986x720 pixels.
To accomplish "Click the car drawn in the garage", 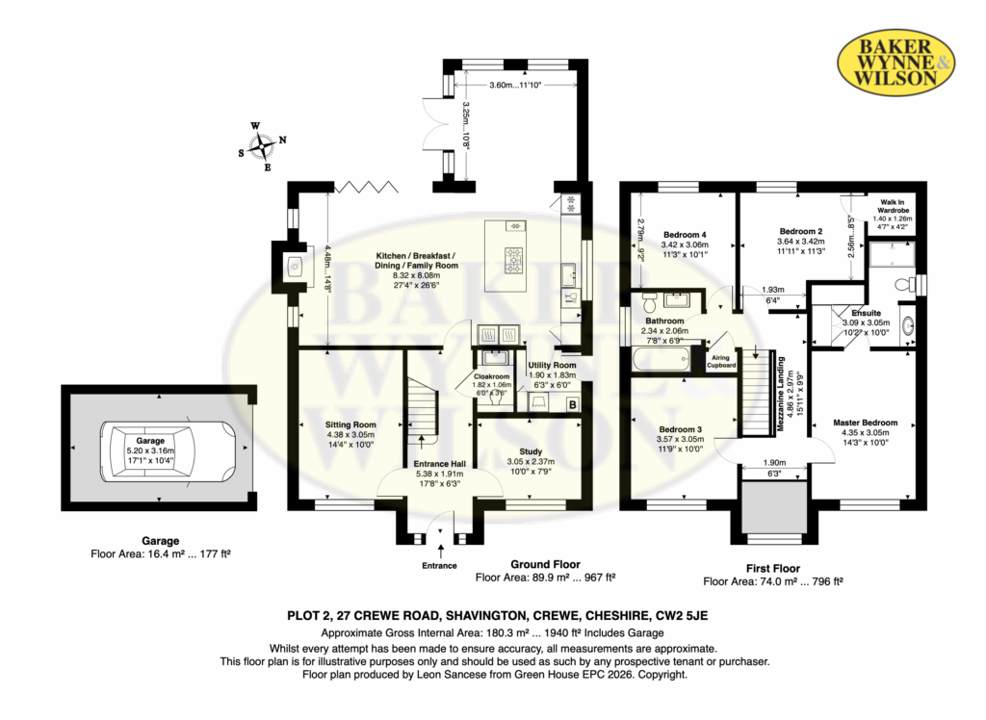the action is (168, 450).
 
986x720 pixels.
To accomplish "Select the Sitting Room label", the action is (350, 424).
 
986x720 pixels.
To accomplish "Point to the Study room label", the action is (531, 451).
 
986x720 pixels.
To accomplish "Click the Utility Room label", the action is (552, 366).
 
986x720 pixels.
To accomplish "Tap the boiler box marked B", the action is (572, 405).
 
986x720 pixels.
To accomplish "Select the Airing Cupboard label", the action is (720, 362).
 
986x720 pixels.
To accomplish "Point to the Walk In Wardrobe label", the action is (893, 206).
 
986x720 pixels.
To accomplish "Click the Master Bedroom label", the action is (866, 423).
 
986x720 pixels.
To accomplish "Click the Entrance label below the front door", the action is (439, 565).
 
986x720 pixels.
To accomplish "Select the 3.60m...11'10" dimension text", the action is (515, 85).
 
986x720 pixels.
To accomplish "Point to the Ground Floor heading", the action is (545, 564).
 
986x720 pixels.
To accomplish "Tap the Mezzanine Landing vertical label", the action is (781, 394).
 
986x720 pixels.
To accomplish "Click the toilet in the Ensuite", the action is (905, 285).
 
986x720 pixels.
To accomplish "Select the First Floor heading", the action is (773, 569).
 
